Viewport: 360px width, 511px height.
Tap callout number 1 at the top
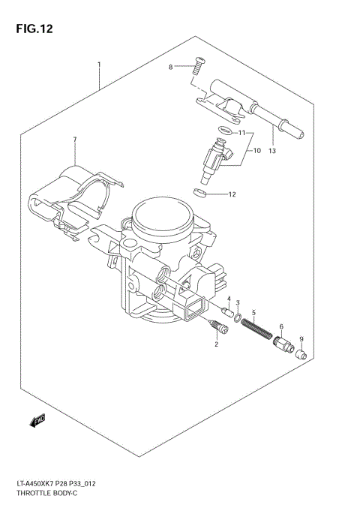(99, 65)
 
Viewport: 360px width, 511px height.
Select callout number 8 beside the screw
(170, 68)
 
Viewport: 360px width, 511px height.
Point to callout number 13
(272, 151)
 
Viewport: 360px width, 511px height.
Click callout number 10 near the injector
(256, 151)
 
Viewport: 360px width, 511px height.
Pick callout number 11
(242, 132)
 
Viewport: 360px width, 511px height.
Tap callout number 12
(232, 195)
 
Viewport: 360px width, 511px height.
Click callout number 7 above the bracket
(75, 140)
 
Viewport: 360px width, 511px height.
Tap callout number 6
(280, 326)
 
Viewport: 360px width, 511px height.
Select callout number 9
(301, 339)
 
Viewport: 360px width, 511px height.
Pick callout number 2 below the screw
(216, 344)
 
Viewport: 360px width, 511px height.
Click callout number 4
(228, 299)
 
